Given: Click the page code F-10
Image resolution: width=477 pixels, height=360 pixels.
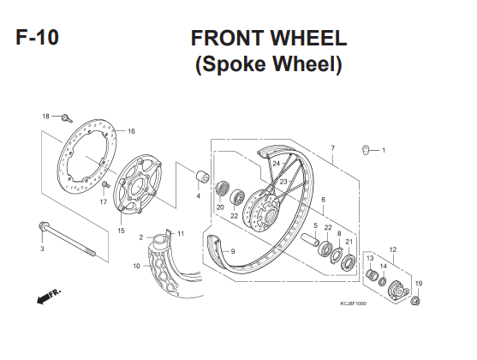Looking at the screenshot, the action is pyautogui.click(x=37, y=37).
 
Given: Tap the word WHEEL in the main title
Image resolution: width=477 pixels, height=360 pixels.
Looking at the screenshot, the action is pyautogui.click(x=308, y=38).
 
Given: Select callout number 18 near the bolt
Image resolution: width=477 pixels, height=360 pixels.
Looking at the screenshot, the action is pyautogui.click(x=45, y=117).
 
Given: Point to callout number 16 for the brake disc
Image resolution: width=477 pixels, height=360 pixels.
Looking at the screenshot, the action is pyautogui.click(x=131, y=131).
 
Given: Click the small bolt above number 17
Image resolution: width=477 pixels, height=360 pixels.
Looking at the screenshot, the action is pyautogui.click(x=105, y=184).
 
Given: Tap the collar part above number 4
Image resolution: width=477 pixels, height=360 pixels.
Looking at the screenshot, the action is pyautogui.click(x=202, y=177).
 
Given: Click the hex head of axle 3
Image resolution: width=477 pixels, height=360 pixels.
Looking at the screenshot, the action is pyautogui.click(x=42, y=226).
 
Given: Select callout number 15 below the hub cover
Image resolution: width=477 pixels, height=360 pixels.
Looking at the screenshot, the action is pyautogui.click(x=121, y=231).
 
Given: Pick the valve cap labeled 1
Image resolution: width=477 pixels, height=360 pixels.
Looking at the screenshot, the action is pyautogui.click(x=365, y=150).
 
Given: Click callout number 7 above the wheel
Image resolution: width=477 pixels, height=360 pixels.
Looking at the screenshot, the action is pyautogui.click(x=333, y=148).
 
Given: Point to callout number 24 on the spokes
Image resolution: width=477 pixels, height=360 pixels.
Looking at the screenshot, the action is pyautogui.click(x=276, y=164).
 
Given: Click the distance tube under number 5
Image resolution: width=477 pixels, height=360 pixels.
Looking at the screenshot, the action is pyautogui.click(x=310, y=239).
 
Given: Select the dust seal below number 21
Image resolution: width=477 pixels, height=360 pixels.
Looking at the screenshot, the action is pyautogui.click(x=349, y=263).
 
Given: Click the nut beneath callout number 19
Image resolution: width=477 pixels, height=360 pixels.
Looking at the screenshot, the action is pyautogui.click(x=415, y=301).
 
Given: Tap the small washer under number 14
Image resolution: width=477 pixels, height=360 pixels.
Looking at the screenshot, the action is pyautogui.click(x=383, y=280).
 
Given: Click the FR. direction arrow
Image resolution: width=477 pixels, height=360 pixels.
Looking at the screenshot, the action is pyautogui.click(x=48, y=297).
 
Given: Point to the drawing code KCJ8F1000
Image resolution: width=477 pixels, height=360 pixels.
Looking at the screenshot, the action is pyautogui.click(x=353, y=303).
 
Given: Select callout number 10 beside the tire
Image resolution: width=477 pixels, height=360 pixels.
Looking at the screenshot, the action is pyautogui.click(x=136, y=266).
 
